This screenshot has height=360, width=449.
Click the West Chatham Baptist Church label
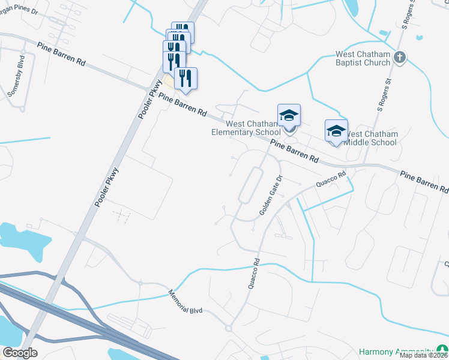[x=363, y=58]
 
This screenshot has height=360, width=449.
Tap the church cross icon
[x=400, y=58]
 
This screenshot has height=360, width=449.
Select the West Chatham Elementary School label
[x=246, y=128]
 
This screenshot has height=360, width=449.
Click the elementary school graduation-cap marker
[x=289, y=115]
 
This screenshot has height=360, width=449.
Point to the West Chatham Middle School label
[x=372, y=138]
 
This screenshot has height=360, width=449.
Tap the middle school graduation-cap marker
[x=336, y=131]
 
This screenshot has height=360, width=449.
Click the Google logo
[x=20, y=353]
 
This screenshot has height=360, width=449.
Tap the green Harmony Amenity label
[x=396, y=351]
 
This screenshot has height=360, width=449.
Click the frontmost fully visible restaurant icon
[x=185, y=79]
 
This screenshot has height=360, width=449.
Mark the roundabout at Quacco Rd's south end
[x=228, y=328]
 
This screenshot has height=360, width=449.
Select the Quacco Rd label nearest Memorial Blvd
[x=254, y=274]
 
